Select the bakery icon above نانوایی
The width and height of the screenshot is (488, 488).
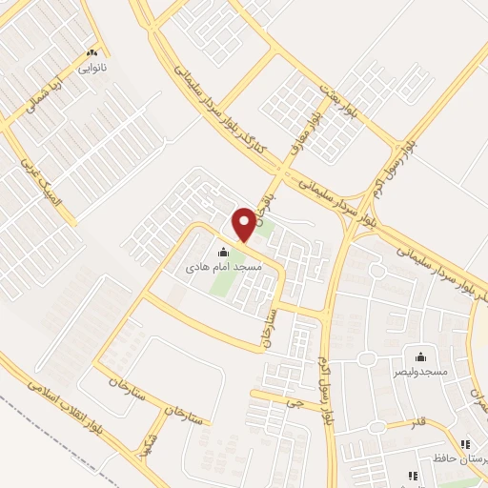click(x=91, y=53)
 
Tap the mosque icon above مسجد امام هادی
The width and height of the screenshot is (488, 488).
click(x=223, y=253)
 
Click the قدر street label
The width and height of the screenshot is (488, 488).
click(x=417, y=420)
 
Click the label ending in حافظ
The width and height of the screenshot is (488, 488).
click(x=468, y=459)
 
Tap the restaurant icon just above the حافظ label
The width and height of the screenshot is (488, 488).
click(x=466, y=444)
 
